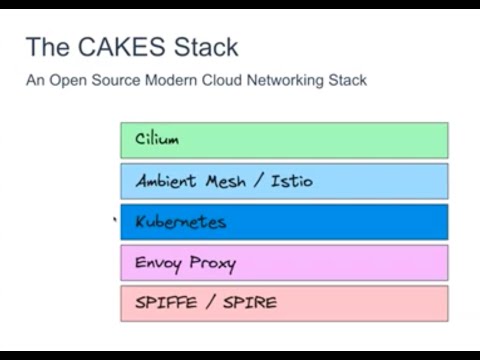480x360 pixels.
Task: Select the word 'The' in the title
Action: click(46, 47)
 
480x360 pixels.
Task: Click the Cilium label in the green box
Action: click(157, 140)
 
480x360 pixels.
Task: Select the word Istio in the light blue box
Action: click(291, 181)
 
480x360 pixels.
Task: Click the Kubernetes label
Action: click(180, 222)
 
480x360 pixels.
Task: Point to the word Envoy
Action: click(158, 263)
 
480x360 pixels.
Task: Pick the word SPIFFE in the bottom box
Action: click(163, 303)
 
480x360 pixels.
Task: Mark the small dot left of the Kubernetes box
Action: click(116, 217)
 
